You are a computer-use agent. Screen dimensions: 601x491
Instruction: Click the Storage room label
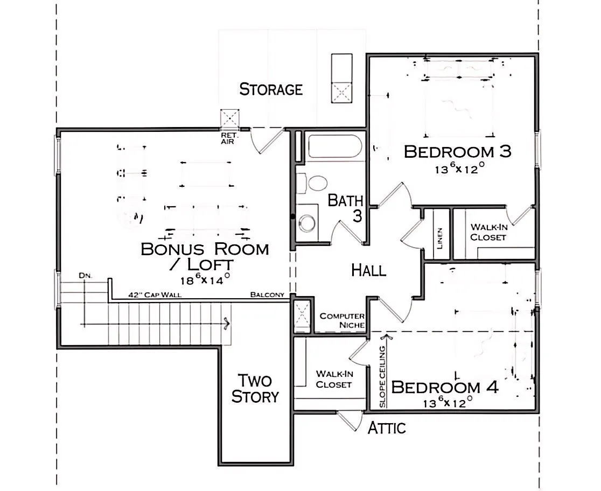click(271, 89)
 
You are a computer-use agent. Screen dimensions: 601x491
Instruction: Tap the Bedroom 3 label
click(458, 152)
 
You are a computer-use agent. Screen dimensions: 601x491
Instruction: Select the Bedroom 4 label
click(445, 387)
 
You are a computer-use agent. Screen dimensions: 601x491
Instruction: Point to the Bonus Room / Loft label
click(205, 256)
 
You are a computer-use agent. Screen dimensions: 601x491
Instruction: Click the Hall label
click(369, 270)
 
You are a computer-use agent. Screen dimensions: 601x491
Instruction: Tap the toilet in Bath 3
click(313, 183)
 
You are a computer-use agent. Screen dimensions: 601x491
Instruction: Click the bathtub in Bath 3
click(335, 146)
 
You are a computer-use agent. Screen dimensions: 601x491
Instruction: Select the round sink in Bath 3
click(307, 223)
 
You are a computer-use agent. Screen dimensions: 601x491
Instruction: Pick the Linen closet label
click(439, 239)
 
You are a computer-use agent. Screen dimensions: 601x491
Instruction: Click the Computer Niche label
click(342, 320)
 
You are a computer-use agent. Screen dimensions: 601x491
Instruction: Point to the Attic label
click(387, 428)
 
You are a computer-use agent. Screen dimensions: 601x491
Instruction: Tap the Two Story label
click(255, 389)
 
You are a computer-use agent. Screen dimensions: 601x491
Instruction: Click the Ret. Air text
click(229, 139)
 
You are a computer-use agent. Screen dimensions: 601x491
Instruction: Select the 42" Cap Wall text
click(155, 294)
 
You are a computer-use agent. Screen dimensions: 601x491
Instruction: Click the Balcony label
click(268, 294)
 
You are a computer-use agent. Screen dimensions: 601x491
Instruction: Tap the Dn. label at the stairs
click(86, 276)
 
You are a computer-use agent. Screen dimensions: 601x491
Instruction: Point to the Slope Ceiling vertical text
click(382, 377)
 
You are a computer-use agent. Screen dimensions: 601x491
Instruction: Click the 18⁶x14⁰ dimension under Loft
click(205, 279)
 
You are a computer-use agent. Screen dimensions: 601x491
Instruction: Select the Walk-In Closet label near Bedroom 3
click(488, 232)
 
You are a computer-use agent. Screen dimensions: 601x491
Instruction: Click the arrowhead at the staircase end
click(227, 324)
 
